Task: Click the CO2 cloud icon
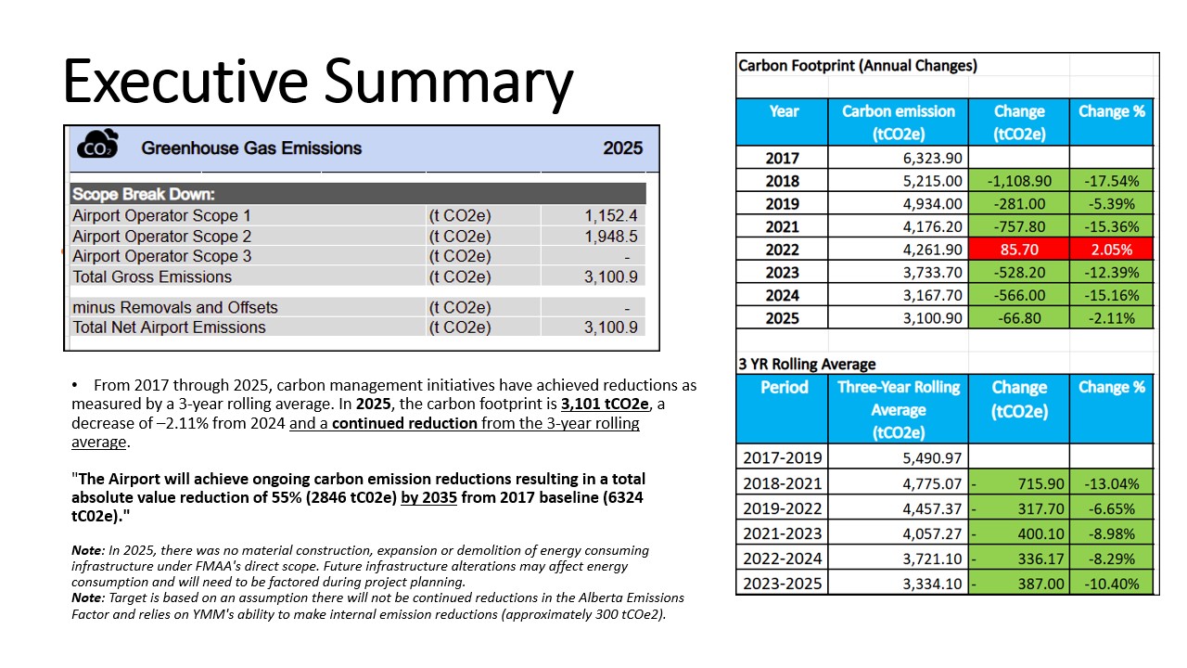[97, 144]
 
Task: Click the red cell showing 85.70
[1018, 250]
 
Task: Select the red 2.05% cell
[1111, 250]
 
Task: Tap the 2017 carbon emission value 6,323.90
[932, 158]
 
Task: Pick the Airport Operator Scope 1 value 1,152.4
[610, 215]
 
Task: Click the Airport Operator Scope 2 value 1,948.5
[610, 236]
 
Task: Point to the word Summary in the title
[449, 83]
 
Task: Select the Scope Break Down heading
[144, 194]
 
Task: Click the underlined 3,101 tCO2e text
[605, 404]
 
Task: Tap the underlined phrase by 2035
[428, 498]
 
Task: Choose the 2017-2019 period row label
[782, 457]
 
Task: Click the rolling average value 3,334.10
[932, 584]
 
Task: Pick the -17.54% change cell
[1111, 181]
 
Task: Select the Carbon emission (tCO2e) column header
[899, 122]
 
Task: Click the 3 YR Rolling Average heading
[807, 365]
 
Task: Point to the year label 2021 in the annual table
[782, 227]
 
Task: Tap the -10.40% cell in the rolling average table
[1111, 584]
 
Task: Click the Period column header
[785, 387]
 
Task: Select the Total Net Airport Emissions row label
[169, 328]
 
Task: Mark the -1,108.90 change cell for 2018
[1018, 181]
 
